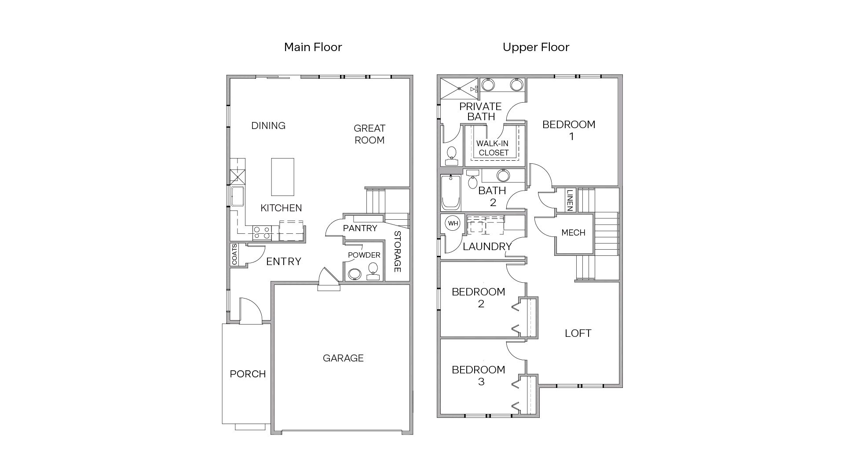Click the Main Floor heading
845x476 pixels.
313,47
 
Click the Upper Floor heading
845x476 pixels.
536,47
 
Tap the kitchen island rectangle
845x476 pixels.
282,177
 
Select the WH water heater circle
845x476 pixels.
453,223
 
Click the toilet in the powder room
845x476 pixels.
373,270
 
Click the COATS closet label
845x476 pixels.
234,255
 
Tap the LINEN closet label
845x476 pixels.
570,199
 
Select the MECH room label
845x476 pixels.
573,232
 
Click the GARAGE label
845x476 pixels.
343,358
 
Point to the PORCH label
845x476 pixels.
248,374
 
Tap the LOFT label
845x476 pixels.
578,333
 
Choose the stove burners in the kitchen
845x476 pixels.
261,232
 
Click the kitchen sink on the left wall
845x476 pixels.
238,196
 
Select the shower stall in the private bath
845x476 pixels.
459,89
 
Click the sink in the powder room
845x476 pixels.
354,274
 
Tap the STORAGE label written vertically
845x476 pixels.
397,251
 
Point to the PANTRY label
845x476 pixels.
360,228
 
